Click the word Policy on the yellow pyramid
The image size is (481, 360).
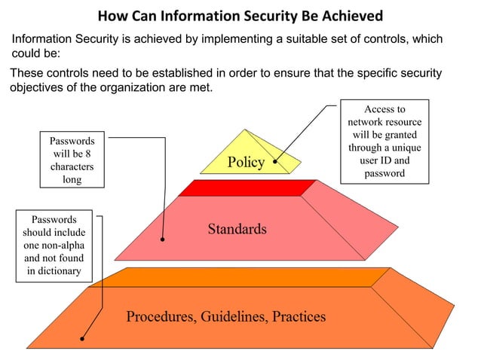click(x=245, y=163)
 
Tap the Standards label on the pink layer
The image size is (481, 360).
click(x=237, y=228)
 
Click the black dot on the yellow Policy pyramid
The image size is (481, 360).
click(x=275, y=160)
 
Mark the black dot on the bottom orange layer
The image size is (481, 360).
click(x=82, y=338)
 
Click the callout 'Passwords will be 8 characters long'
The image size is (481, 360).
click(x=72, y=160)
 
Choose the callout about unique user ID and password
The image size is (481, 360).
click(x=384, y=141)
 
